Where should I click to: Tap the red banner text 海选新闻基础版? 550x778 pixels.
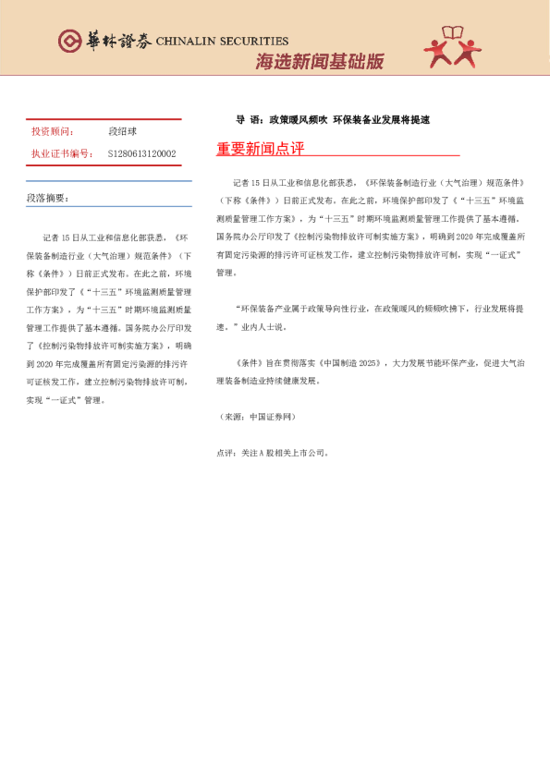pos(319,62)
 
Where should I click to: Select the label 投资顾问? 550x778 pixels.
pos(53,132)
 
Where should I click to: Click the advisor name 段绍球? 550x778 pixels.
pos(122,132)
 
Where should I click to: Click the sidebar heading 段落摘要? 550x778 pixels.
pos(47,198)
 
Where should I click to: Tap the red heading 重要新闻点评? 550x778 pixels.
pos(260,149)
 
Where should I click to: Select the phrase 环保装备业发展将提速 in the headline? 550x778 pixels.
pos(381,120)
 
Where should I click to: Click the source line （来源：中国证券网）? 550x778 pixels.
pos(255,418)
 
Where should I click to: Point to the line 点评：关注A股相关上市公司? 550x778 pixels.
pos(272,453)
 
